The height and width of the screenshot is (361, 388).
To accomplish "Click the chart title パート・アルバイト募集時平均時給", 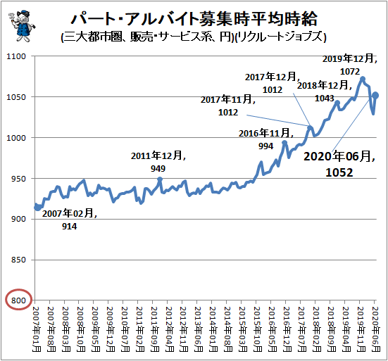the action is click(194, 19).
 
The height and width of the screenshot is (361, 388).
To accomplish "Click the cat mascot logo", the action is click(23, 26).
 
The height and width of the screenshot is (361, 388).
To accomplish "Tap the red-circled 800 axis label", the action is click(18, 300).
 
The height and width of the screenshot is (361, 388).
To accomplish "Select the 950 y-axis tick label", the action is click(18, 179).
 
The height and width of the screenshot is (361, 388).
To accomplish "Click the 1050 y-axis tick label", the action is click(16, 97).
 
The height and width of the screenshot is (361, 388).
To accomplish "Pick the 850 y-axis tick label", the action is click(18, 260).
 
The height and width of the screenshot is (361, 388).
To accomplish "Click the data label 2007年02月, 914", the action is click(70, 220).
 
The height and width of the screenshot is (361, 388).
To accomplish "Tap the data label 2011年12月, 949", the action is click(158, 162).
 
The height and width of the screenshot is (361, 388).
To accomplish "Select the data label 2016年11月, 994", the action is click(266, 139).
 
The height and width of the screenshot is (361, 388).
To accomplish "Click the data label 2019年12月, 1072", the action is click(350, 65).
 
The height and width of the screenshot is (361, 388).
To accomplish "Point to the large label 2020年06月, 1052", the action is click(339, 164).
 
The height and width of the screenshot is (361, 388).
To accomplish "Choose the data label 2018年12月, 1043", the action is click(325, 91).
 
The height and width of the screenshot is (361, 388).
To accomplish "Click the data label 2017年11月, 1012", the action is click(228, 106).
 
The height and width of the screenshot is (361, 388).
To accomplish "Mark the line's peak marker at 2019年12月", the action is click(363, 79).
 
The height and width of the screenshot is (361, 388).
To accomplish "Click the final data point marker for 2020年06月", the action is click(375, 95).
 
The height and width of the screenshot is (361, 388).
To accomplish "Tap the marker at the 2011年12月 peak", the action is click(160, 179).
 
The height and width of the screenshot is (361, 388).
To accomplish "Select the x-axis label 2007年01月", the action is click(37, 329).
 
